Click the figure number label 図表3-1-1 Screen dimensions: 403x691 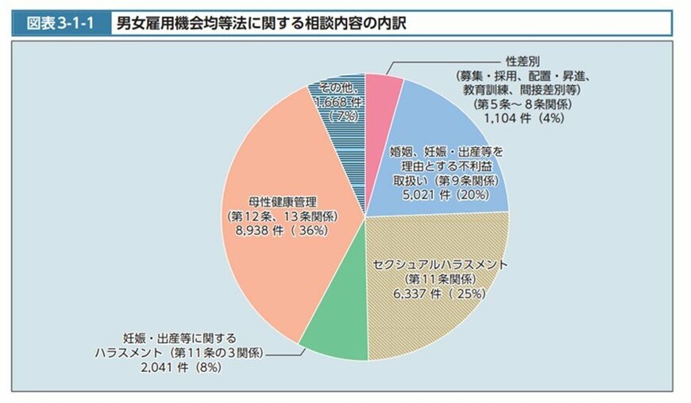pyautogui.click(x=60, y=24)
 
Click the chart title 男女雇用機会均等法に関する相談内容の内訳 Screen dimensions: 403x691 pyautogui.click(x=262, y=24)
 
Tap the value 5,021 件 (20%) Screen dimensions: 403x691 pyautogui.click(x=441, y=193)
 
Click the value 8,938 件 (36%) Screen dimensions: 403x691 pyautogui.click(x=284, y=230)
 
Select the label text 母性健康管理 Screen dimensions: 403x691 pyautogui.click(x=284, y=200)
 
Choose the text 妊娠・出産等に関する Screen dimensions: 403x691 pyautogui.click(x=179, y=337)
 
